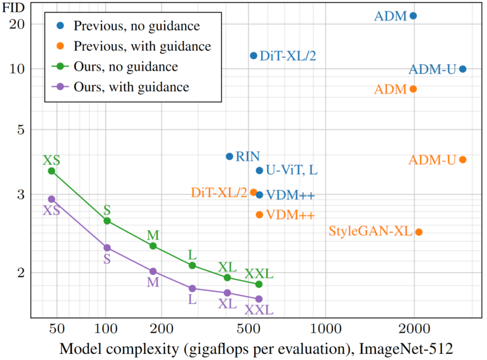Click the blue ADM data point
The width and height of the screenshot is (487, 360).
[413, 16]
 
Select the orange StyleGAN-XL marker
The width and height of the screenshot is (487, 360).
[419, 232]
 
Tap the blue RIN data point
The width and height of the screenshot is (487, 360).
[229, 156]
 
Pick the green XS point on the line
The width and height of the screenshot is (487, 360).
[51, 171]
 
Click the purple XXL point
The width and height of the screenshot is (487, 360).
[259, 299]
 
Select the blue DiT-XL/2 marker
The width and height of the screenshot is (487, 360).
[253, 56]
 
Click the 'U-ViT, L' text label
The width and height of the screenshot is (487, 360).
[292, 170]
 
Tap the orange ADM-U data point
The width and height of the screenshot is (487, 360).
[462, 160]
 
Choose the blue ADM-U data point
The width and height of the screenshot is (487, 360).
[462, 69]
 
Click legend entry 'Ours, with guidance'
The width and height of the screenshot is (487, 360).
[131, 87]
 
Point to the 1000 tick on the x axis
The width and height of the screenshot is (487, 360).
[325, 328]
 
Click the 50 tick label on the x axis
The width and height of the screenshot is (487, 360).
[57, 328]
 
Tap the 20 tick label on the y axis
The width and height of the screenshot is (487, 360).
[19, 24]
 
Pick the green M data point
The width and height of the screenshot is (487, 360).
[153, 246]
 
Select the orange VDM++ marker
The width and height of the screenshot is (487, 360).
[259, 214]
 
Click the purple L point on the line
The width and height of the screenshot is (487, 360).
[192, 289]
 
